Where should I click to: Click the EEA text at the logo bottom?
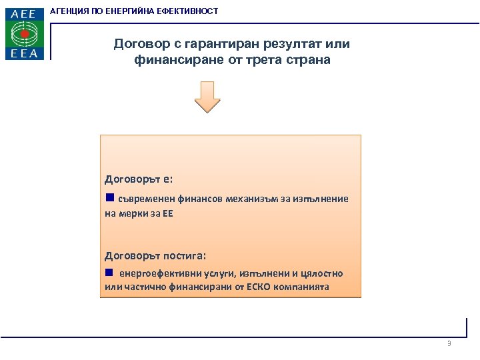pyautogui.click(x=24, y=53)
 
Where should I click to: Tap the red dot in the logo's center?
pyautogui.click(x=25, y=33)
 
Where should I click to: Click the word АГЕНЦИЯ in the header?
pyautogui.click(x=74, y=11)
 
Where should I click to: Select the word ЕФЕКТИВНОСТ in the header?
pyautogui.click(x=188, y=11)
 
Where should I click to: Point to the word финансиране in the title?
pyautogui.click(x=173, y=59)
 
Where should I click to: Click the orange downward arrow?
pyautogui.click(x=207, y=97)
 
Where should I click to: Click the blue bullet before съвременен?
pyautogui.click(x=109, y=198)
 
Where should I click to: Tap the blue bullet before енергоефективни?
pyautogui.click(x=109, y=273)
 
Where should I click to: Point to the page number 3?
pyautogui.click(x=449, y=343)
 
